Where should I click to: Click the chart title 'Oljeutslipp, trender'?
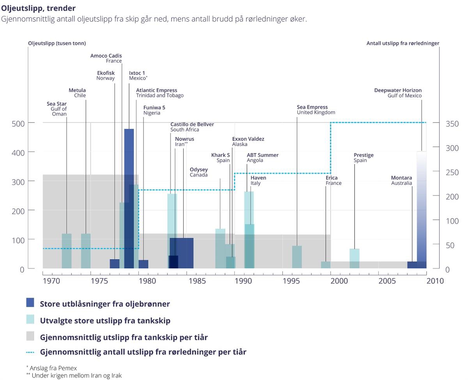pos(38,8)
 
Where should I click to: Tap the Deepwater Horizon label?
pos(398,93)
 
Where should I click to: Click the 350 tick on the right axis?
pos(452,124)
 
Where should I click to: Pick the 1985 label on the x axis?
pos(195,281)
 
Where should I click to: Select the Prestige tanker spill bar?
pos(355,258)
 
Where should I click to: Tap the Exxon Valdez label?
pos(248,141)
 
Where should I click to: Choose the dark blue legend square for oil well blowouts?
pos(30,303)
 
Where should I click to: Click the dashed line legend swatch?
pos(30,352)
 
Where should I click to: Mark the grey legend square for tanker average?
pos(30,336)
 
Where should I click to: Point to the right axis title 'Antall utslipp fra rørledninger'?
pos(402,43)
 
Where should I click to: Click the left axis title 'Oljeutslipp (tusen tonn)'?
pos(57,43)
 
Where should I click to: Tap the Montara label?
pos(401,180)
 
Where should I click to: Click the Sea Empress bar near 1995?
pos(297,257)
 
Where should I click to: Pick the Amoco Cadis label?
pos(106,58)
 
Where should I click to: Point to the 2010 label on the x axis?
pos(435,281)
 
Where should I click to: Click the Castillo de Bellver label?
pos(192,127)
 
